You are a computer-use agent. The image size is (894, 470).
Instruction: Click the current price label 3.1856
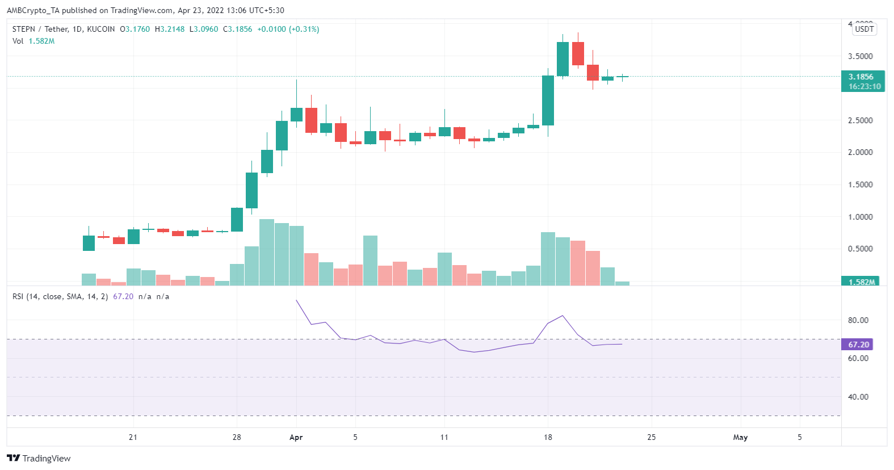[861, 77]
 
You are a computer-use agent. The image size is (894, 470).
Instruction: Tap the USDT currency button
[864, 29]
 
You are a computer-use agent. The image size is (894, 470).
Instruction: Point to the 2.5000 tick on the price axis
[860, 120]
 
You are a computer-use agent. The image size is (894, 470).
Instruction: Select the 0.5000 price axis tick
[860, 249]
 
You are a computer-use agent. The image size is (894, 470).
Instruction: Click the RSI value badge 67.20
[858, 345]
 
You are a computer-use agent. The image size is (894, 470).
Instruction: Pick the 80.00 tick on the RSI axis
[858, 320]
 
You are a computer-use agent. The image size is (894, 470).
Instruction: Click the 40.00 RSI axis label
[858, 397]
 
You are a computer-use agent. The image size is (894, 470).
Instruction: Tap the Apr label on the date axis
[296, 437]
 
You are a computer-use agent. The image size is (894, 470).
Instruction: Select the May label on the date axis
[740, 437]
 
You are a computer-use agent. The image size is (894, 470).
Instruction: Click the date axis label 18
[548, 437]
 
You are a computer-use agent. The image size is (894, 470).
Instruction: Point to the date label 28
[237, 437]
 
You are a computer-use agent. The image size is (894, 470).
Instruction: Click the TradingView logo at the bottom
[39, 458]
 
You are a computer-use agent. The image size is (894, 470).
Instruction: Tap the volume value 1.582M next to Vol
[41, 41]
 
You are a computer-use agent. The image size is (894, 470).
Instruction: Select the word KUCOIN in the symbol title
[101, 29]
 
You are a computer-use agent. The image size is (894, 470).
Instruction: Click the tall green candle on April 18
[548, 100]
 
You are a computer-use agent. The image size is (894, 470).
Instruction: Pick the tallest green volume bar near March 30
[266, 252]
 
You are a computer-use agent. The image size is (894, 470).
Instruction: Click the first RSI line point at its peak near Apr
[296, 300]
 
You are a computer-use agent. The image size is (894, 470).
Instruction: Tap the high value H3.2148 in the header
[170, 29]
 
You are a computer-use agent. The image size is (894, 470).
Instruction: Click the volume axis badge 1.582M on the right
[861, 282]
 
